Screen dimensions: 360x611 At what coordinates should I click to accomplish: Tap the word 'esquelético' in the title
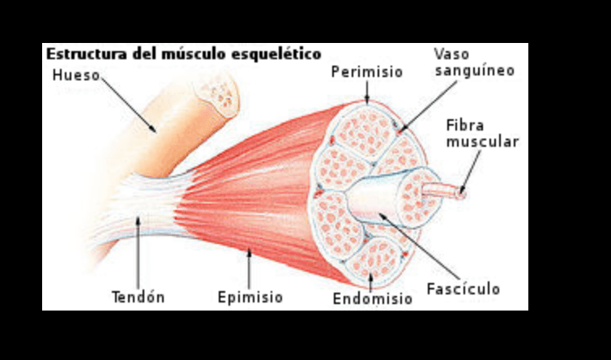(280, 54)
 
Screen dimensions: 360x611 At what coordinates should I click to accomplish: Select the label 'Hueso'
(75, 77)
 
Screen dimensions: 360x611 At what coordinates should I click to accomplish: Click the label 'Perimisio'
(366, 72)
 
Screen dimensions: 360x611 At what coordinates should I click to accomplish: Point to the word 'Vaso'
(451, 54)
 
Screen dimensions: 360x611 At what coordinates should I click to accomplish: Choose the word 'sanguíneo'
(474, 71)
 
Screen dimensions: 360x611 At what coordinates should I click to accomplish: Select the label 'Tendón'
(138, 297)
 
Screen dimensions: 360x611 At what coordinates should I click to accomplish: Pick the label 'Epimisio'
(250, 298)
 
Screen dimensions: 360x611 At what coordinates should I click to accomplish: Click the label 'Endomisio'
(372, 299)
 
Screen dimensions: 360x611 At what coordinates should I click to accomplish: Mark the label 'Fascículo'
(464, 289)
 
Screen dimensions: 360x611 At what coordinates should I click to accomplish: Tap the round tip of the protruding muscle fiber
(463, 192)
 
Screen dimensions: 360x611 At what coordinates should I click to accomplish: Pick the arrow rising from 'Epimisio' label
(250, 268)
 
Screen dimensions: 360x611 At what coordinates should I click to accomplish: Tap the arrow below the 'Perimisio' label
(366, 93)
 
